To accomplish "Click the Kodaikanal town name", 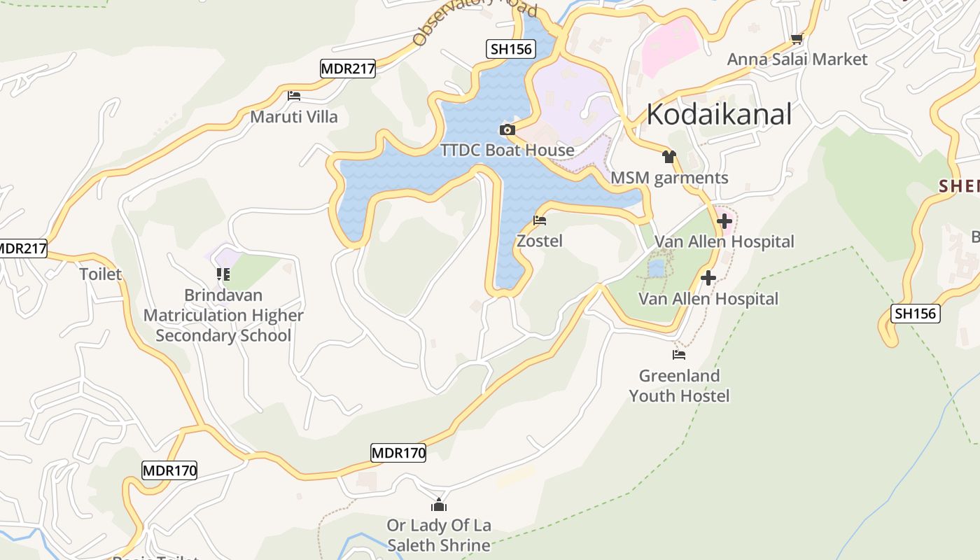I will (719, 114).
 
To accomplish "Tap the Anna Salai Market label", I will (797, 59).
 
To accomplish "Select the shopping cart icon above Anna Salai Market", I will (797, 39).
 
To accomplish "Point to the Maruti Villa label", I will (294, 117).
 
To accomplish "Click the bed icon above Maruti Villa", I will (294, 96).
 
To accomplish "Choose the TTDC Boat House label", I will (507, 150).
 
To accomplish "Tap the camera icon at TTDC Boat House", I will (507, 130).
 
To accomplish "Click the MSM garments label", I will (669, 178).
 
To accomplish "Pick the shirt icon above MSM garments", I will (669, 157).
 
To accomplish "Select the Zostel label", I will (540, 241).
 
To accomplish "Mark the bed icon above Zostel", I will (540, 220).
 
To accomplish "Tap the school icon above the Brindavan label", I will (223, 274).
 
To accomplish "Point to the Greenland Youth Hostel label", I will (679, 386).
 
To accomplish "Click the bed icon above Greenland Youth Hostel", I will (679, 355).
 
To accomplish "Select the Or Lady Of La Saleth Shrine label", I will (439, 535).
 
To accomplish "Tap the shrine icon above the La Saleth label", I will (439, 504).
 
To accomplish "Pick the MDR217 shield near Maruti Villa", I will (348, 69).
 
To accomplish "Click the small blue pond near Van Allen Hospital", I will (657, 268).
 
